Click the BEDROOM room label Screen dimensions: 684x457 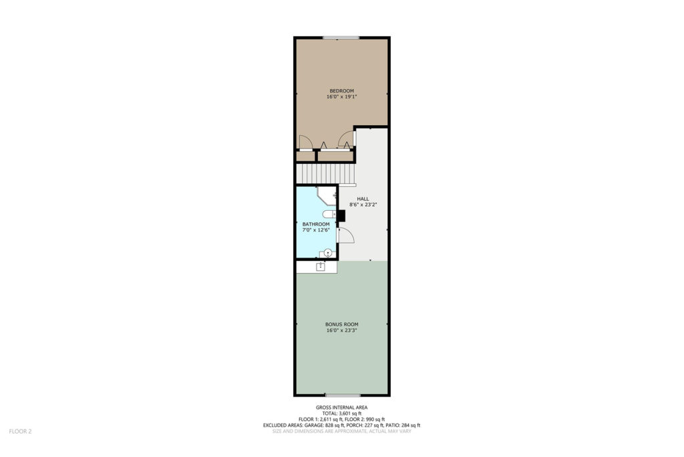pyautogui.click(x=341, y=91)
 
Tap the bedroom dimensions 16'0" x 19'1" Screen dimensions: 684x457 pyautogui.click(x=341, y=96)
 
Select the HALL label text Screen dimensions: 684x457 pyautogui.click(x=363, y=199)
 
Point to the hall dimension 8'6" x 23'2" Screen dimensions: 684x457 pyautogui.click(x=363, y=205)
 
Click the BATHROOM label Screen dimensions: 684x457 pyautogui.click(x=316, y=224)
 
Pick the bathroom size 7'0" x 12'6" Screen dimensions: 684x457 pyautogui.click(x=316, y=230)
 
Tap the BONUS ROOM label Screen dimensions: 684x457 pyautogui.click(x=341, y=325)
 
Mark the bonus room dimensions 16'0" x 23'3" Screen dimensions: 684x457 pyautogui.click(x=341, y=331)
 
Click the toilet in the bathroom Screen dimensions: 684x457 pyautogui.click(x=329, y=214)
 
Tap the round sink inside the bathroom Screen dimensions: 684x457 pyautogui.click(x=327, y=252)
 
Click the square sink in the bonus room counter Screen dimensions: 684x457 pyautogui.click(x=321, y=266)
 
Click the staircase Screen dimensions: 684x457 pyautogui.click(x=325, y=173)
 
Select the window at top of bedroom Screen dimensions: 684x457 pyautogui.click(x=341, y=38)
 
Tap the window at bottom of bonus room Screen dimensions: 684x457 pyautogui.click(x=343, y=395)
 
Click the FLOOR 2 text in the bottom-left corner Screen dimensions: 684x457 pyautogui.click(x=21, y=432)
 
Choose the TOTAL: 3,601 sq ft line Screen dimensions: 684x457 pyautogui.click(x=341, y=414)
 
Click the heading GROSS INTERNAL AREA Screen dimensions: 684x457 pyautogui.click(x=341, y=407)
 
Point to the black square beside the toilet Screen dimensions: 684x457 pyautogui.click(x=341, y=216)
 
